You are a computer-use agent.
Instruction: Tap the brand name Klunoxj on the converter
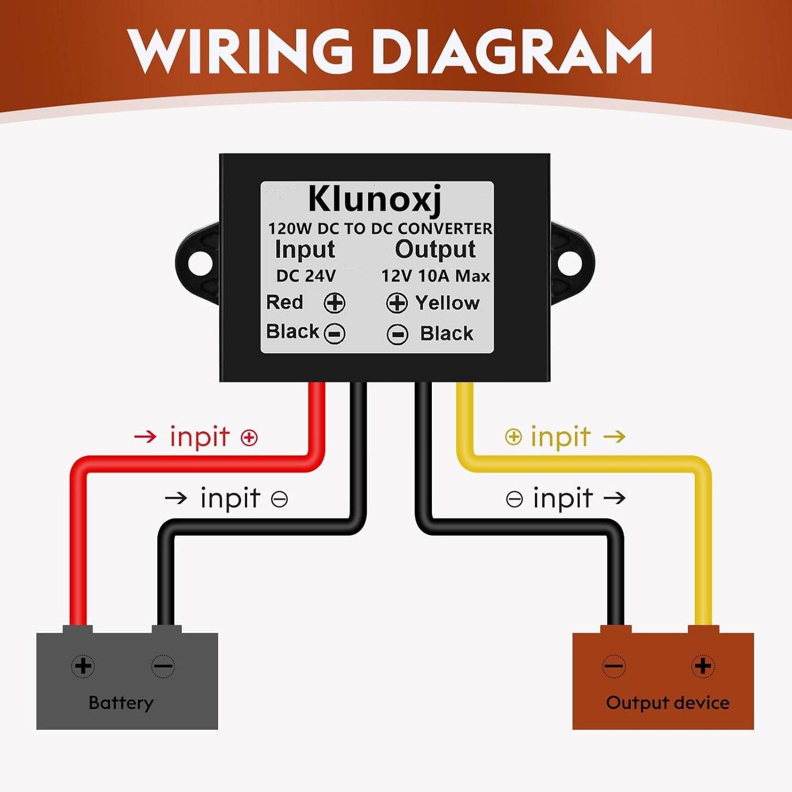pyautogui.click(x=375, y=200)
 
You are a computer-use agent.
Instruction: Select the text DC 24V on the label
pyautogui.click(x=306, y=276)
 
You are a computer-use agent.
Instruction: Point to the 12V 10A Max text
pyautogui.click(x=436, y=276)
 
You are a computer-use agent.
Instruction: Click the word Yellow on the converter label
pyautogui.click(x=447, y=303)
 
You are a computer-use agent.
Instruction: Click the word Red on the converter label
pyautogui.click(x=284, y=302)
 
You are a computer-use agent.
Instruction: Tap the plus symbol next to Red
pyautogui.click(x=334, y=303)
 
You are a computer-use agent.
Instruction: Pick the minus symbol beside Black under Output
pyautogui.click(x=397, y=334)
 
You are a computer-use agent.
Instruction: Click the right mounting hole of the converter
pyautogui.click(x=570, y=264)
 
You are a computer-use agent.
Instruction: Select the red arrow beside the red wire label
pyautogui.click(x=145, y=436)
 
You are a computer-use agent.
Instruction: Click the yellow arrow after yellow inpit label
pyautogui.click(x=614, y=436)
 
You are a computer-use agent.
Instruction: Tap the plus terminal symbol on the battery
pyautogui.click(x=83, y=666)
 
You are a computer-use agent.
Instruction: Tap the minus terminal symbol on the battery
pyautogui.click(x=163, y=666)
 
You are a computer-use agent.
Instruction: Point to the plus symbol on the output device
pyautogui.click(x=703, y=666)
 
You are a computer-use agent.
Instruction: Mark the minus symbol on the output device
pyautogui.click(x=614, y=666)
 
